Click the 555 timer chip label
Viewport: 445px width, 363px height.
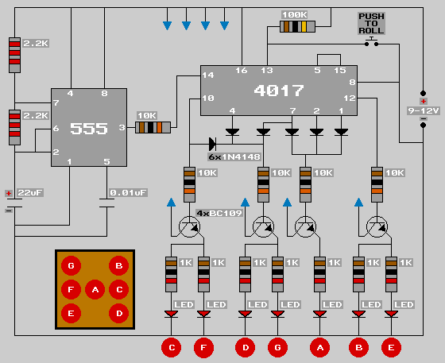click(x=89, y=129)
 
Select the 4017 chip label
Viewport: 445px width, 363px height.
click(x=279, y=91)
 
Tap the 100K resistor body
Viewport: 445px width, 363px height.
click(x=297, y=27)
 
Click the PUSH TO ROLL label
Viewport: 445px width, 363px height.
click(x=371, y=24)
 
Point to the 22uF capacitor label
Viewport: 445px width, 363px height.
click(x=30, y=193)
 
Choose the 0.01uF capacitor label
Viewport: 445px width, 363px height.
click(x=128, y=193)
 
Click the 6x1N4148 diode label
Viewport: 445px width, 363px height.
click(x=234, y=156)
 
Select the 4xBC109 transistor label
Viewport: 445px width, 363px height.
click(x=219, y=213)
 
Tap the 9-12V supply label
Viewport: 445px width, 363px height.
click(x=423, y=110)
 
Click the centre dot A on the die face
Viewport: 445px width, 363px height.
click(x=95, y=290)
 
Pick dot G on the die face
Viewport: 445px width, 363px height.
click(x=71, y=266)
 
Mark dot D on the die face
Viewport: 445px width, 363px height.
click(x=119, y=314)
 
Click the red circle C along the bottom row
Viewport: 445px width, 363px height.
click(x=172, y=347)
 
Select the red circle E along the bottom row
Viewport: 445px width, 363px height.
click(x=391, y=347)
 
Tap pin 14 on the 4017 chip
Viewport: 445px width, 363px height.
click(x=208, y=75)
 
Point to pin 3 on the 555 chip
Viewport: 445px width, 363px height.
click(x=122, y=128)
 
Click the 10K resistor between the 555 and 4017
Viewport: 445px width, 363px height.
click(x=153, y=128)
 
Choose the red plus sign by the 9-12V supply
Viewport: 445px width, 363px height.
click(x=423, y=101)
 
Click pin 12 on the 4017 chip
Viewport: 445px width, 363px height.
click(x=350, y=98)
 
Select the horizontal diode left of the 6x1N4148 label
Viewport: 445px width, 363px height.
click(x=213, y=144)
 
